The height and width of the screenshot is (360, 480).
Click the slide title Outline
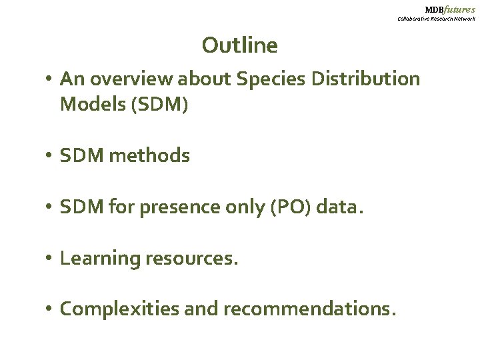[x=239, y=45]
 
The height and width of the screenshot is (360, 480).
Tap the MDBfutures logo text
[x=450, y=9]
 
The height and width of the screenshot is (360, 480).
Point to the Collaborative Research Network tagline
[x=436, y=19]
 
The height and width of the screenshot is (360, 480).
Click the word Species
[x=265, y=79]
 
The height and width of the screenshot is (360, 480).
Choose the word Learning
[x=99, y=258]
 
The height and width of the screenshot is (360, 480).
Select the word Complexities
[x=117, y=309]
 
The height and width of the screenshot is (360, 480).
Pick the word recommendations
[x=309, y=309]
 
